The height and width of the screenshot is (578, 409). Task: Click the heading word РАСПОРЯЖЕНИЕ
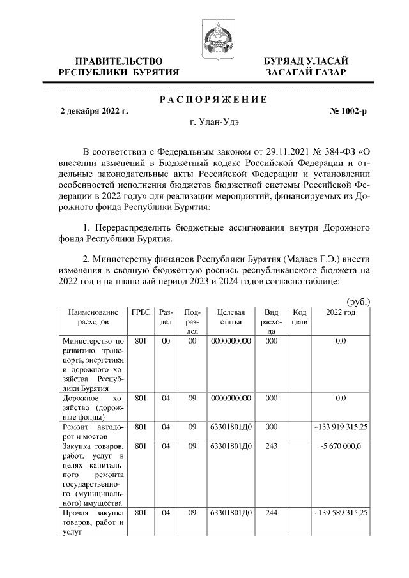coord(212,99)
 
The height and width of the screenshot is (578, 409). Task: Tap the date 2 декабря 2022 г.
coord(94,110)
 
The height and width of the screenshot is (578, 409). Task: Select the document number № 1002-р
coord(348,110)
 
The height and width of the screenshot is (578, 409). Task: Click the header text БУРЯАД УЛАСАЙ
coord(306,61)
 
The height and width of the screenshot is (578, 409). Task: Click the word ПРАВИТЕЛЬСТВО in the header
coord(114,61)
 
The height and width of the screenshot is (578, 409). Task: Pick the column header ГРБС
coord(141,312)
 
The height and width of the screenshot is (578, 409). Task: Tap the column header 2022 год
coord(341,312)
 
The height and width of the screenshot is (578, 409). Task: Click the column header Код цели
coord(300,317)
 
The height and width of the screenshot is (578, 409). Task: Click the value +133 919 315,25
coord(341,427)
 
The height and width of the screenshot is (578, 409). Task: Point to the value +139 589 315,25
coord(341,512)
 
